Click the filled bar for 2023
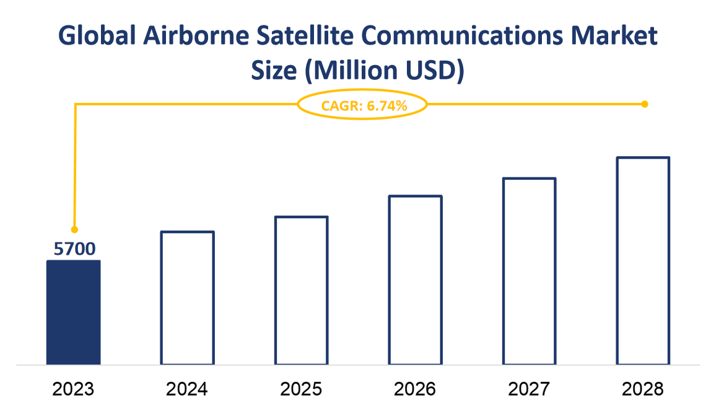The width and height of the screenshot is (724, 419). tap(73, 312)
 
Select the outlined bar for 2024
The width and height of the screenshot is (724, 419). tap(187, 298)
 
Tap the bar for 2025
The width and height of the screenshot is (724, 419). tap(301, 291)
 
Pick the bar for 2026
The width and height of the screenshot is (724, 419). tap(415, 280)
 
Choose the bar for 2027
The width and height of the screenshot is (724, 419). tap(529, 271)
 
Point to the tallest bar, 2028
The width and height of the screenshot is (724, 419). tap(643, 261)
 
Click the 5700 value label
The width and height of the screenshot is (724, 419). tap(74, 249)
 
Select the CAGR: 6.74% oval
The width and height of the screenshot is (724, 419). tap(363, 105)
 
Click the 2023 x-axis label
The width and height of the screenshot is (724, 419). tap(73, 389)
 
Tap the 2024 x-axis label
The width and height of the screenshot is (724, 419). tap(187, 389)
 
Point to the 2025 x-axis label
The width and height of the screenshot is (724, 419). tap(301, 389)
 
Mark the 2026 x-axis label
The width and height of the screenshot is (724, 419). tap(415, 389)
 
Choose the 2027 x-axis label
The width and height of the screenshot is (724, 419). tap(529, 389)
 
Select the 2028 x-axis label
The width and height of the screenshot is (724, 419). tap(643, 389)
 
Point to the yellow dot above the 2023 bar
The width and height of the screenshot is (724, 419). tap(74, 229)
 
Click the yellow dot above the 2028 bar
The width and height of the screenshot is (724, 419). tap(644, 104)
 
